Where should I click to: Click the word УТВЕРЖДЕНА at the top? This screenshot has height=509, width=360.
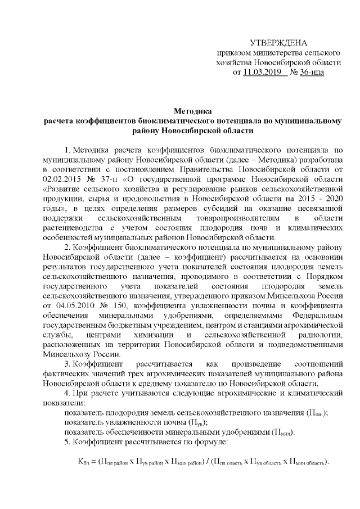coord(279,43)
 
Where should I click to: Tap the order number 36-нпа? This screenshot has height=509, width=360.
coord(313,73)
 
